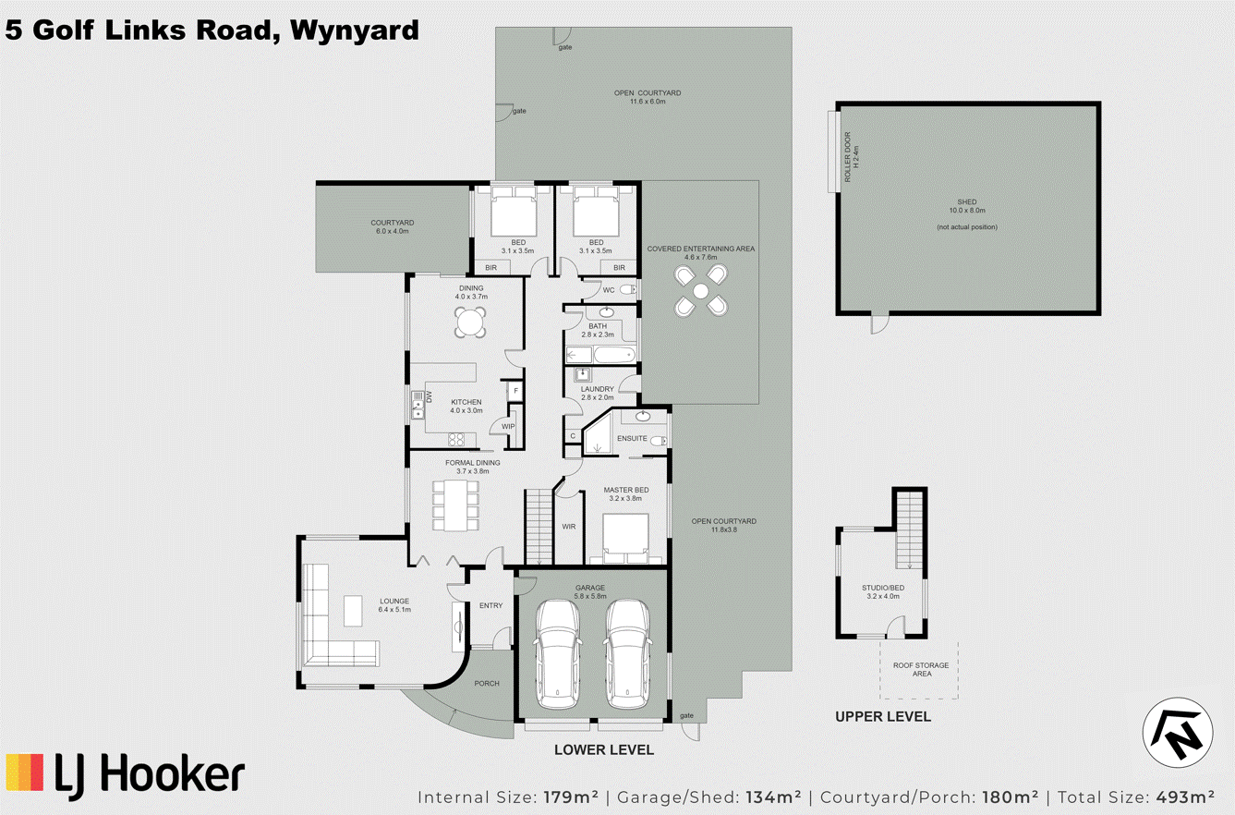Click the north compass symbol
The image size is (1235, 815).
pyautogui.click(x=1178, y=733)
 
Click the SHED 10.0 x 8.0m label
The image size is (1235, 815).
pyautogui.click(x=967, y=206)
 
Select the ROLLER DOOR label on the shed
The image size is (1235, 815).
pyautogui.click(x=847, y=156)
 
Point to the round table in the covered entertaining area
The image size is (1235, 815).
pyautogui.click(x=701, y=290)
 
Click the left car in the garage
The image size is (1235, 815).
pyautogui.click(x=558, y=654)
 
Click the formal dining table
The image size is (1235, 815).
pyautogui.click(x=455, y=505)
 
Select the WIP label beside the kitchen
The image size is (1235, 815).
pyautogui.click(x=508, y=426)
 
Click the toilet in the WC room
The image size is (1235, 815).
pyautogui.click(x=628, y=289)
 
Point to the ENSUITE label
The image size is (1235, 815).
pyautogui.click(x=632, y=438)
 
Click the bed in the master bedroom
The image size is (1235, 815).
pyautogui.click(x=625, y=538)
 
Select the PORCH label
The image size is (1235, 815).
pyautogui.click(x=486, y=683)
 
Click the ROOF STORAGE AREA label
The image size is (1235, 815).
pyautogui.click(x=921, y=669)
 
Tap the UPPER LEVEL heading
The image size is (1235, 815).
pyautogui.click(x=883, y=716)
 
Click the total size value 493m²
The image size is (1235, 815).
pyautogui.click(x=1182, y=797)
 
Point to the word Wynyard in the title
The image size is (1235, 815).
pyautogui.click(x=355, y=30)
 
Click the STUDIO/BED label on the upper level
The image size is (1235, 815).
pyautogui.click(x=883, y=588)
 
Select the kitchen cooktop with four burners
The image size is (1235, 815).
pyautogui.click(x=456, y=440)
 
